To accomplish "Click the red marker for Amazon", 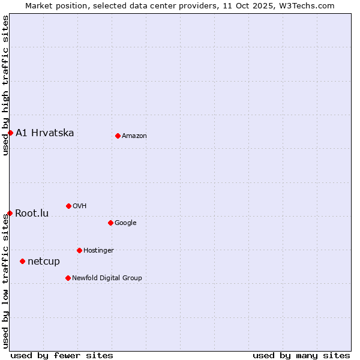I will (x=118, y=136).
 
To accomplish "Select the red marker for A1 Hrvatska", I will (x=10, y=133).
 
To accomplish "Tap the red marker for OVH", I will (x=68, y=206).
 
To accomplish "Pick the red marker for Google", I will (x=110, y=223).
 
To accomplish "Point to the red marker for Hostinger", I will (x=79, y=250).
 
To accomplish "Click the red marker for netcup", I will (x=22, y=261).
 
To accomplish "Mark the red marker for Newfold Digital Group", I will (x=68, y=278).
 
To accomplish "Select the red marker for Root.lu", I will (x=10, y=213).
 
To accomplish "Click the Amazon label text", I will (x=134, y=136).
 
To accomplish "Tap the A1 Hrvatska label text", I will (x=45, y=133).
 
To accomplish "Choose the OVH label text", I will (x=80, y=206).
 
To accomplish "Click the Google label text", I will (x=125, y=223).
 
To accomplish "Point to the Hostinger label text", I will (x=98, y=250).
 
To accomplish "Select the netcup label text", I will (x=44, y=261).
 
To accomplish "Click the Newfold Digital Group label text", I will (x=107, y=278).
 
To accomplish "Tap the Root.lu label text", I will (x=32, y=213).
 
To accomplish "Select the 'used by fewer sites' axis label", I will (x=62, y=355).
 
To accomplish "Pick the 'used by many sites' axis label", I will (x=301, y=355).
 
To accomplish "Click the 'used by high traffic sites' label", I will (x=5, y=85).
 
